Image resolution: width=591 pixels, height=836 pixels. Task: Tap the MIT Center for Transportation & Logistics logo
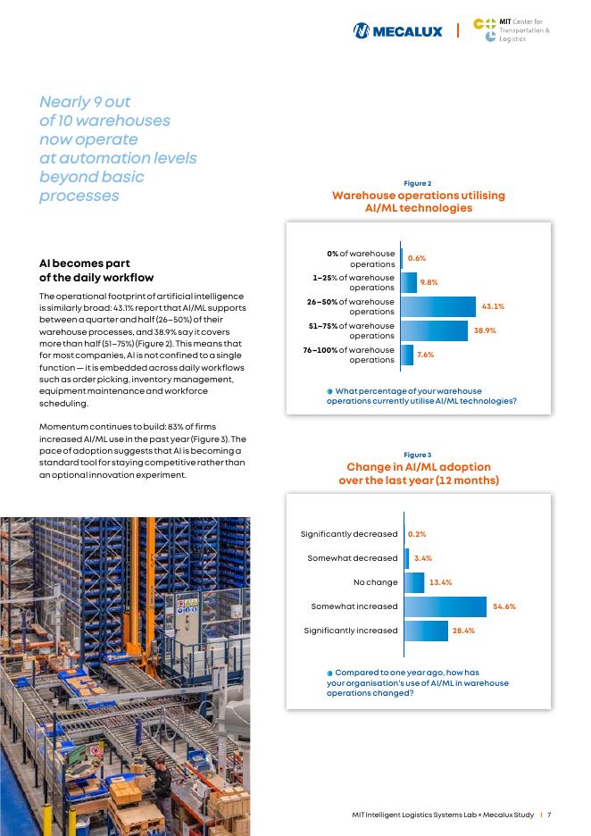(x=511, y=30)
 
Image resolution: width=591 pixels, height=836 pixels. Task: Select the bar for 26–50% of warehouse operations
(x=438, y=306)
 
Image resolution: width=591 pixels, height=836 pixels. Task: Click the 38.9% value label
(x=485, y=330)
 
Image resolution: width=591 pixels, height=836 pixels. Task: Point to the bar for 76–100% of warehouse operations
(x=407, y=355)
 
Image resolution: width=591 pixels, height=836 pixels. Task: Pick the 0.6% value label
(x=417, y=258)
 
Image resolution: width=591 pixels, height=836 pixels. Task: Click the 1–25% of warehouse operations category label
(x=354, y=282)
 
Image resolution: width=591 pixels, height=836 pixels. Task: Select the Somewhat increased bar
(x=445, y=606)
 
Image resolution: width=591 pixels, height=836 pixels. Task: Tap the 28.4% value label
(x=463, y=631)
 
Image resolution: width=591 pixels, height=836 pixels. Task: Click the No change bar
(x=414, y=582)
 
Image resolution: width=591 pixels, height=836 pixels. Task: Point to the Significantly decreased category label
(x=349, y=534)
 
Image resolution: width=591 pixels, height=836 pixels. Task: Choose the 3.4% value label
(x=423, y=558)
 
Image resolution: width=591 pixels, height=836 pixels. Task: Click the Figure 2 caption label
(x=418, y=183)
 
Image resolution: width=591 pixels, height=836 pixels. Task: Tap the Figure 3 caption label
(x=418, y=455)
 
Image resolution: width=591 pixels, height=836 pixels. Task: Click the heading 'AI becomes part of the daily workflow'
(x=97, y=271)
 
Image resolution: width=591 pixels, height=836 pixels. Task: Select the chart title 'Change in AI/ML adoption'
(x=418, y=467)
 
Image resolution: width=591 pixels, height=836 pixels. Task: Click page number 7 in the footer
(x=550, y=815)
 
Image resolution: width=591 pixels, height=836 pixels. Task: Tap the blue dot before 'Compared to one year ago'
(x=329, y=673)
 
